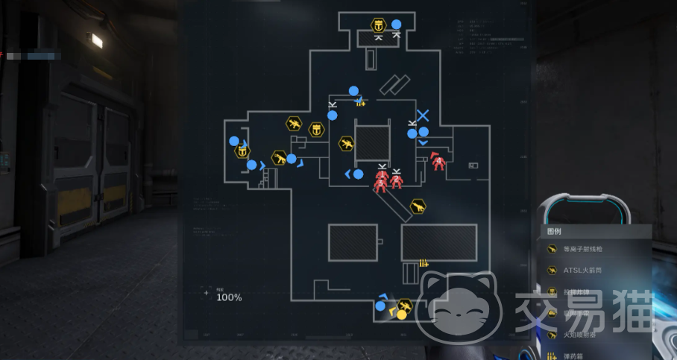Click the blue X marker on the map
[x=423, y=116]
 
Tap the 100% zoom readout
[x=229, y=297]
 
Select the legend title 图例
[x=555, y=231]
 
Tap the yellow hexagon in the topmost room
[x=379, y=25]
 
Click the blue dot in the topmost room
[x=397, y=24]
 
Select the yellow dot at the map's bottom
[x=401, y=315]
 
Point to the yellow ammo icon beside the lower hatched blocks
[x=423, y=262]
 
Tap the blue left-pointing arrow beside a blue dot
[x=348, y=174]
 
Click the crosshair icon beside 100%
[x=207, y=293]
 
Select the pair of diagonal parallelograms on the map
[x=395, y=84]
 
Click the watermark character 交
[x=532, y=312]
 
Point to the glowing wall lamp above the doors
[x=95, y=40]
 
